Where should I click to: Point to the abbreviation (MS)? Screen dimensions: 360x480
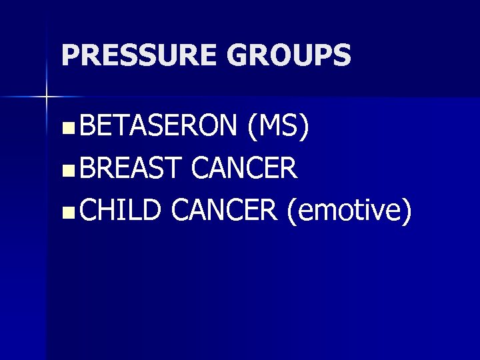(x=275, y=127)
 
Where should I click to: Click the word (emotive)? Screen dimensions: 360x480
(x=348, y=211)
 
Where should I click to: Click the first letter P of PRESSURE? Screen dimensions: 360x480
(x=68, y=55)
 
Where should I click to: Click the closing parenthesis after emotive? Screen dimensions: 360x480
(x=407, y=212)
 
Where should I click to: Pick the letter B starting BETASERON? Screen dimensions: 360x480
(x=84, y=127)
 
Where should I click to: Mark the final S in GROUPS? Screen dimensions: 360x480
(x=342, y=55)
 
